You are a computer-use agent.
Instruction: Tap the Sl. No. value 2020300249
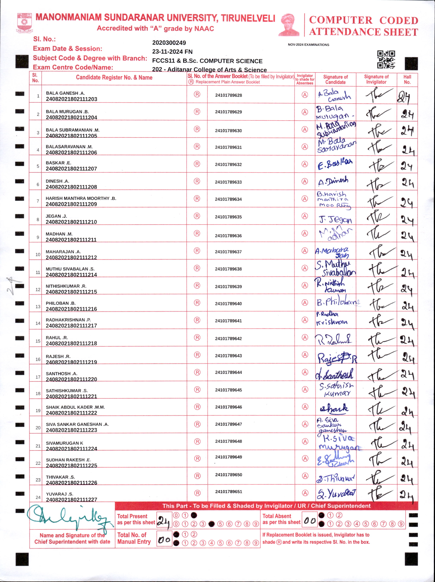169,43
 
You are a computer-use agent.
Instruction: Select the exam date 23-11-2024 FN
172,52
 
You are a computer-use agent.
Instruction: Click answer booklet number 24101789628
228,95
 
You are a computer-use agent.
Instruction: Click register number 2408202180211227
71,499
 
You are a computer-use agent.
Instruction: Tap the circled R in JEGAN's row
197,216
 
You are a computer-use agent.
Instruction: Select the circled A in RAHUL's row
305,337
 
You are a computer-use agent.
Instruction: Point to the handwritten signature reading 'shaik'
334,408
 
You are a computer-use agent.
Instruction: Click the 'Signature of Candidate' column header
335,79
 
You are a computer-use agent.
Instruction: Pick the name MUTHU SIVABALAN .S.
70,269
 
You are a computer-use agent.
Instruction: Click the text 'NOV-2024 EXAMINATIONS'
308,45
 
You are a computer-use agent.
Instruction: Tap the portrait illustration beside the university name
289,25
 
